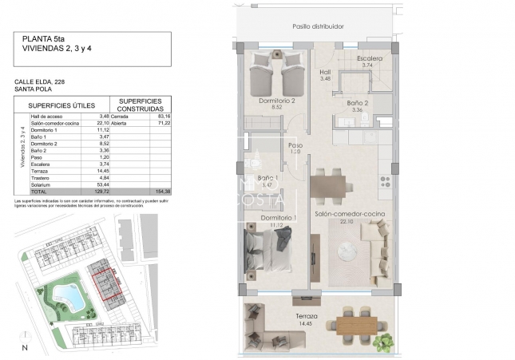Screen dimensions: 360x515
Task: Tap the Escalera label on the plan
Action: tap(370, 59)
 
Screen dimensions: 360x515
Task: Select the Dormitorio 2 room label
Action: tap(277, 101)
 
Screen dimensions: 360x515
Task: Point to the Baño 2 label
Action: tap(357, 103)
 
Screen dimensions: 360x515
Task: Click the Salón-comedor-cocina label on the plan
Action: tap(350, 216)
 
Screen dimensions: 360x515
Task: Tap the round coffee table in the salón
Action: tap(348, 251)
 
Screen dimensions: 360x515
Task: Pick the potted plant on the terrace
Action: tap(385, 342)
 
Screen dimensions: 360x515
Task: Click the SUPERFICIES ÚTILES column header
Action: tap(61, 105)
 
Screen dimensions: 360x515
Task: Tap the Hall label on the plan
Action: tap(324, 70)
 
